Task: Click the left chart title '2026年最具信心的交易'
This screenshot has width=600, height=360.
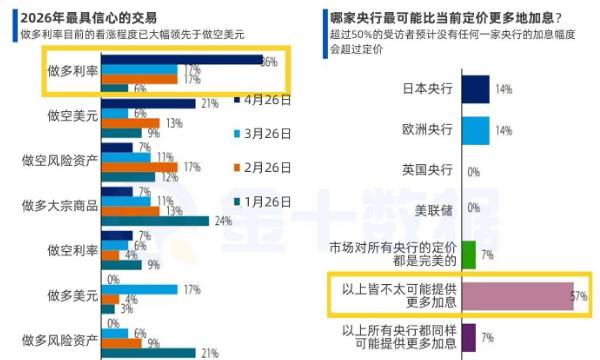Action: pos(84,17)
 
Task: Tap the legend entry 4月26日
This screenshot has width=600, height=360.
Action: pos(261,100)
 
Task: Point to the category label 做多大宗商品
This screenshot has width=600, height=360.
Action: pos(60,205)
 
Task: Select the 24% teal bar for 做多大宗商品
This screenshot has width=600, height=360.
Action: pos(155,220)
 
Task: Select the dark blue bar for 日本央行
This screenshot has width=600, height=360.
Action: pos(476,89)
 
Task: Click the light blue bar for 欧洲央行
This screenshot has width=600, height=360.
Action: pos(476,130)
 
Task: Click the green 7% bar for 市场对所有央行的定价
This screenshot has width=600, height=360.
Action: pos(469,254)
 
